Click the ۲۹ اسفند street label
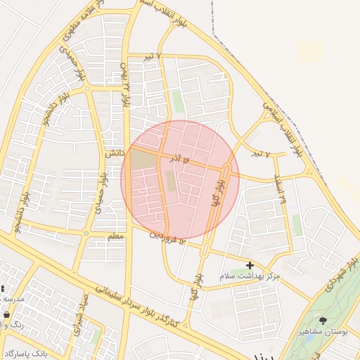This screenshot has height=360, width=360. (x=282, y=189)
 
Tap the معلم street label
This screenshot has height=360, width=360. (x=115, y=236)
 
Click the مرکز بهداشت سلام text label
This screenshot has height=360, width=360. (x=250, y=276)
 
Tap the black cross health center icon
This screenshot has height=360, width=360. (x=250, y=265)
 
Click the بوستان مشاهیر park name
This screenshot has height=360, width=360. (x=323, y=331)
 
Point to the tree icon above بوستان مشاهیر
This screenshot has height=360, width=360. (x=323, y=321)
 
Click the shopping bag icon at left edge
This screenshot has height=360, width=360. (x=3, y=326)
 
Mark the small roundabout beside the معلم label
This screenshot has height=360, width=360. (x=85, y=233)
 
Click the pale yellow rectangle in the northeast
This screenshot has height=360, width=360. (x=309, y=51)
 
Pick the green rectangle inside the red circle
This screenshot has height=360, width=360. (x=170, y=182)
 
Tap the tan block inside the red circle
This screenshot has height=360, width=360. (x=142, y=161)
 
